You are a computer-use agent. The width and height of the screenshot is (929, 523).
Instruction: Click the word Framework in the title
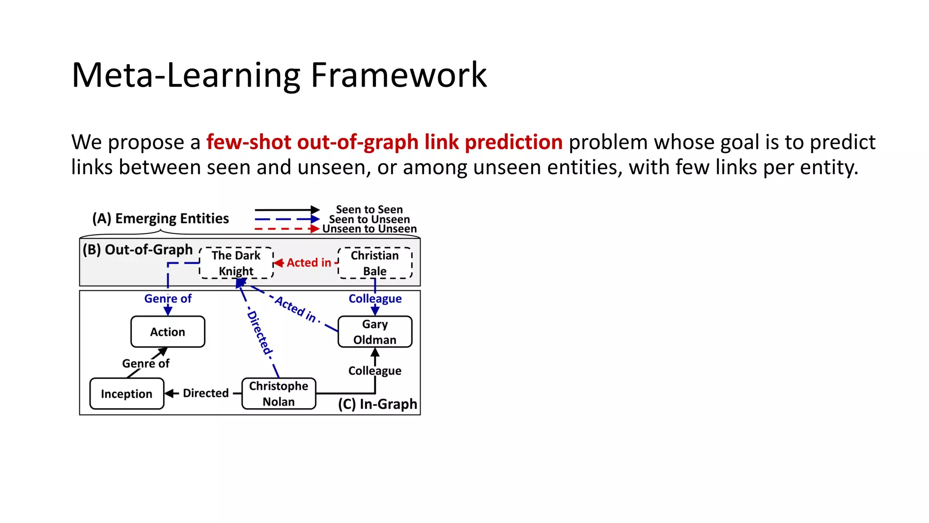tap(398, 75)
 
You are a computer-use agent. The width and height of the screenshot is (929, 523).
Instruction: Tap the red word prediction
tap(513, 142)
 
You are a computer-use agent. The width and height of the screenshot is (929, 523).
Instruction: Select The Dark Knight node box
tap(236, 263)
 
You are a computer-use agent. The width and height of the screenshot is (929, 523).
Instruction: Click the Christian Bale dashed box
tap(375, 263)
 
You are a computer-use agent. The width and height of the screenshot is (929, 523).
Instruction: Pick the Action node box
tap(168, 332)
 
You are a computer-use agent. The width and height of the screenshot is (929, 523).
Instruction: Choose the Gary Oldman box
tap(375, 332)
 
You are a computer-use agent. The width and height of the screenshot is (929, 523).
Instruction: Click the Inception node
tap(127, 394)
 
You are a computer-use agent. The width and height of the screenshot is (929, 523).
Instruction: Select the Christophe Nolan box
tap(279, 394)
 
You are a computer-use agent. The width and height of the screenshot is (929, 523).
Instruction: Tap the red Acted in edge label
tap(309, 262)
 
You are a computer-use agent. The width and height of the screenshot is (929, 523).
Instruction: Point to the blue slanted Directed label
tap(259, 333)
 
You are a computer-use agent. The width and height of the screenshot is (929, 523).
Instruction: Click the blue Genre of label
tap(168, 298)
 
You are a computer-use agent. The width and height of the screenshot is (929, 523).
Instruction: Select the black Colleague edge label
tap(375, 370)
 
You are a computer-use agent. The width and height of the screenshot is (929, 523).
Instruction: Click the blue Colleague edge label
tap(375, 298)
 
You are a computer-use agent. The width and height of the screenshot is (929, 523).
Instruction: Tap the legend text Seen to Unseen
tap(369, 219)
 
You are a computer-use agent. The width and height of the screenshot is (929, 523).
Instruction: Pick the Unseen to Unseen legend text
tap(369, 229)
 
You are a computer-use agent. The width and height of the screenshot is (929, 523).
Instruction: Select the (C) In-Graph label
tap(377, 404)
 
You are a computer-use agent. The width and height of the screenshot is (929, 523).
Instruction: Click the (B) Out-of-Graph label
tap(137, 249)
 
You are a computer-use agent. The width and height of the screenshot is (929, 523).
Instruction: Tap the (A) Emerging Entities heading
tap(161, 218)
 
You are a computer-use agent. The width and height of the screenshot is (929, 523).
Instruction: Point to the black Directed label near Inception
tap(205, 393)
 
